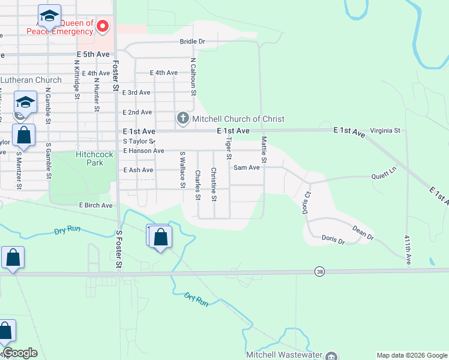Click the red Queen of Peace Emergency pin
(103, 26)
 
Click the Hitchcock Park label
(94, 158)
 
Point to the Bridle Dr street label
(193, 41)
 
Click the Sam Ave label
(246, 167)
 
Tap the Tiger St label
(228, 148)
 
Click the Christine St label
(214, 184)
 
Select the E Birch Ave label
(96, 205)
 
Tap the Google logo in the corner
(20, 353)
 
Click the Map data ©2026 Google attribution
(412, 355)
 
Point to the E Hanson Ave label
(143, 151)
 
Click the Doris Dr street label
(333, 241)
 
